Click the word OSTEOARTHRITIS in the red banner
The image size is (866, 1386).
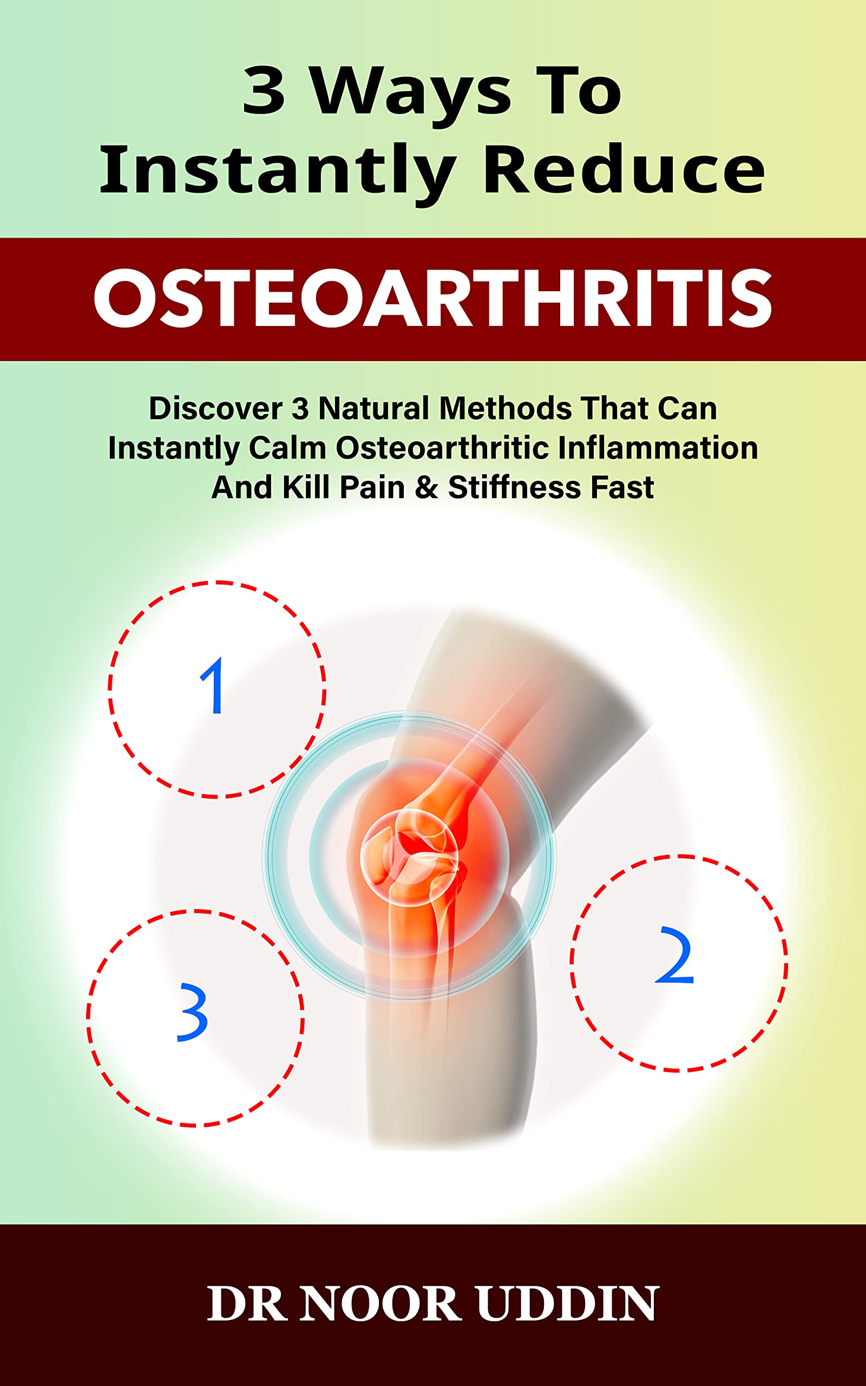tap(433, 299)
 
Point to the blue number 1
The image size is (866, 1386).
tap(213, 685)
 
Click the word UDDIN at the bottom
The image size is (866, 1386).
tap(567, 1304)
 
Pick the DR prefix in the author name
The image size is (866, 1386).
tap(247, 1304)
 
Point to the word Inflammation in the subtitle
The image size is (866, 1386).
tap(658, 448)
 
